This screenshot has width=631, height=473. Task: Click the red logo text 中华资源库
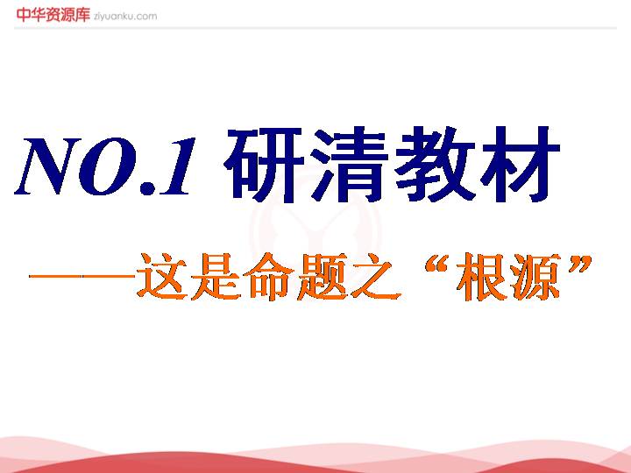(53, 15)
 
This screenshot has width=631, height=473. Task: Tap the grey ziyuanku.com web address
(125, 16)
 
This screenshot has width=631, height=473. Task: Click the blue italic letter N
(48, 166)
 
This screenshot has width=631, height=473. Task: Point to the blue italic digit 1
(176, 166)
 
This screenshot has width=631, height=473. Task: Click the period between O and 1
(148, 188)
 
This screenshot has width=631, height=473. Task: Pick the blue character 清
(347, 164)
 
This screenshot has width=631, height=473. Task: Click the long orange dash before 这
(82, 276)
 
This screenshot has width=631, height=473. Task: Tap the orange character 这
(162, 276)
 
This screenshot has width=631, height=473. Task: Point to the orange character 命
(269, 276)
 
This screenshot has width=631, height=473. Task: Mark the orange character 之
(376, 277)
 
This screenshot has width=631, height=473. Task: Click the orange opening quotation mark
(436, 267)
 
